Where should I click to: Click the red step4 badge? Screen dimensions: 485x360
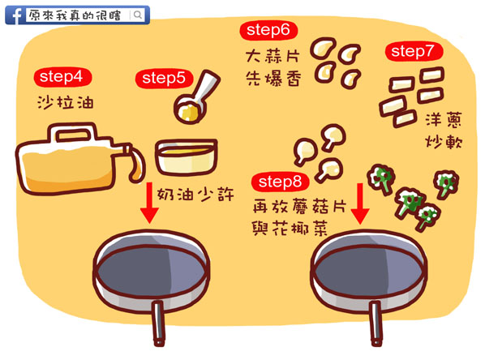tap(62, 77)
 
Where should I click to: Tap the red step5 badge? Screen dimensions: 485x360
tap(164, 79)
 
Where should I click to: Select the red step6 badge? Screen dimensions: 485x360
tap(268, 30)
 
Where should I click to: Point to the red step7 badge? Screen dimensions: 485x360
tap(414, 51)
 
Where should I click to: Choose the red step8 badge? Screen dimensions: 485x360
tap(281, 182)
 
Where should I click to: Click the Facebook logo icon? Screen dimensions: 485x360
tap(15, 15)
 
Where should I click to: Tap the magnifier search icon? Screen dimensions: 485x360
tap(138, 15)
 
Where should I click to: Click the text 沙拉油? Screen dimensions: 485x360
tap(65, 102)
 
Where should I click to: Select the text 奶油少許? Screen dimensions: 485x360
tap(195, 195)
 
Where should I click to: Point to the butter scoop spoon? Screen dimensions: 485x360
tap(195, 98)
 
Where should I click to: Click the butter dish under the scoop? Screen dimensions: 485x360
tap(187, 157)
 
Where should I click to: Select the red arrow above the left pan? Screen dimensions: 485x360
tap(149, 203)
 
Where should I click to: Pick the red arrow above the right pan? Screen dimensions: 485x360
tap(360, 204)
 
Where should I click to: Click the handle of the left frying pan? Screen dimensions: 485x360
tap(158, 324)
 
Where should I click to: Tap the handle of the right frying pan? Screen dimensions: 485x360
tap(376, 324)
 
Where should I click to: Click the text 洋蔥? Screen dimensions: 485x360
tap(444, 120)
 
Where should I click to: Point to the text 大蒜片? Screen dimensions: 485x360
tap(273, 57)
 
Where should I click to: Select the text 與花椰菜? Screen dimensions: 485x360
tap(290, 229)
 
